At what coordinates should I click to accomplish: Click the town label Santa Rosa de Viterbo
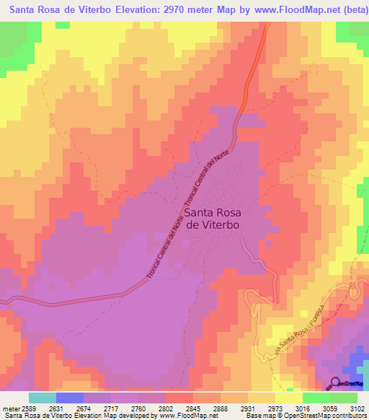click(213, 219)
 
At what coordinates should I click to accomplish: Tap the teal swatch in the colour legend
click(42, 397)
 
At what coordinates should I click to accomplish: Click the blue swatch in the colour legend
click(69, 397)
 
